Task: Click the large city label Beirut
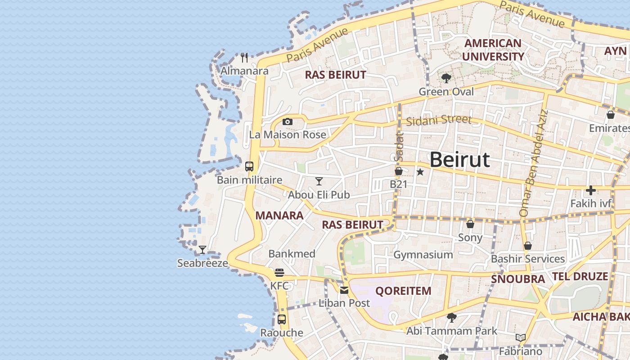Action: [x=459, y=160]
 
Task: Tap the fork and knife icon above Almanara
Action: [x=244, y=58]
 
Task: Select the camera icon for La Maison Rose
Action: [x=288, y=121]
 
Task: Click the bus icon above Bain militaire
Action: [x=249, y=166]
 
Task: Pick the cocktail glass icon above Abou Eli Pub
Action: [x=319, y=181]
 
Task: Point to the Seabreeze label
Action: [x=202, y=263]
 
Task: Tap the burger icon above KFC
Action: [x=279, y=273]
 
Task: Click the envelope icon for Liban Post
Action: [x=344, y=290]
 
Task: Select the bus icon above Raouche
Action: [x=282, y=319]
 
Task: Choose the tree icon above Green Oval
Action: [x=446, y=79]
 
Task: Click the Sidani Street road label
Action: [x=439, y=120]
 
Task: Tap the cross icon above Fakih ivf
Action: [x=591, y=190]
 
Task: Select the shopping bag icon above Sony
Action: [x=470, y=224]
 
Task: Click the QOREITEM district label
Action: [x=403, y=291]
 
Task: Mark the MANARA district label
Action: [x=279, y=216]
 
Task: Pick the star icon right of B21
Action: [x=420, y=172]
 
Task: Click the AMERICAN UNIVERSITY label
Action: [x=493, y=50]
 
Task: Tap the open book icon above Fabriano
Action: [x=521, y=337]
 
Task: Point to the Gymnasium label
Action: [x=423, y=255]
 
